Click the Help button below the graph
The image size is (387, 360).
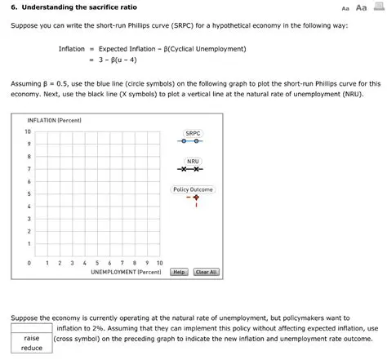180,272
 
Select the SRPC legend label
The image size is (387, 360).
193,132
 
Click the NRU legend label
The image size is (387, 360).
193,161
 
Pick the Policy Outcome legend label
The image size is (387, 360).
193,189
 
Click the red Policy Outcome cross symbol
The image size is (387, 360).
196,198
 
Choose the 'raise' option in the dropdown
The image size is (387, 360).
32,337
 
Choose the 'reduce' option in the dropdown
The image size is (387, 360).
32,349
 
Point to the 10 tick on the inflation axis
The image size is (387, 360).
28,131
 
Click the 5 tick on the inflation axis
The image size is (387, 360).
29,193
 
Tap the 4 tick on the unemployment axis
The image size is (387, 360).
85,263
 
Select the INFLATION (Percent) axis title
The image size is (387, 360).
54,120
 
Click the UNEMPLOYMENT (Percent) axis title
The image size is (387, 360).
125,272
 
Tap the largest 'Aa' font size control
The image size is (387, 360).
358,7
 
